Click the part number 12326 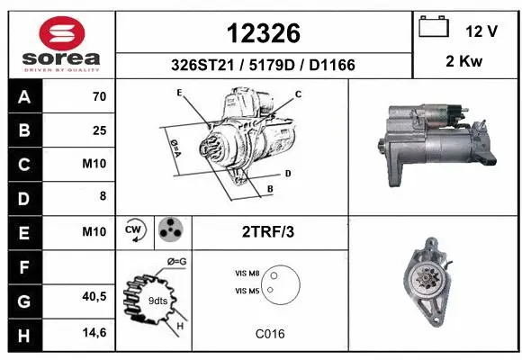(263, 33)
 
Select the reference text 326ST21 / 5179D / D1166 (263, 65)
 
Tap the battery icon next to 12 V (434, 29)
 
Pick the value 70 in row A (99, 97)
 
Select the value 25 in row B (99, 130)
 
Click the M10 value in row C (94, 165)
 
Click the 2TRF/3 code (269, 231)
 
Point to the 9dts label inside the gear (158, 301)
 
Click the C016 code (269, 333)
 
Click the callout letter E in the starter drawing (180, 93)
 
